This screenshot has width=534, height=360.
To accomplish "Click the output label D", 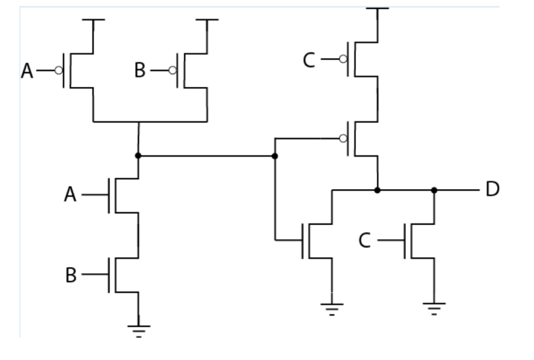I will (x=493, y=189).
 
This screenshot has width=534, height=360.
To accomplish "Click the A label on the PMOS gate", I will (x=27, y=71).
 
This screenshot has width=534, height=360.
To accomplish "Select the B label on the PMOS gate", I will (x=140, y=71).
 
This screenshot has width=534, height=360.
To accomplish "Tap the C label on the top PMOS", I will (x=309, y=60).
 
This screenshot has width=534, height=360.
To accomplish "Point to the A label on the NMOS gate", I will (x=71, y=195).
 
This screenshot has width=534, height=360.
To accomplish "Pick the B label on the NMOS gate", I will (x=71, y=275).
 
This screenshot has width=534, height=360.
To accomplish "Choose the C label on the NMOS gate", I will (x=364, y=240).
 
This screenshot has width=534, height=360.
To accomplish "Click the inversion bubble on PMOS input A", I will (x=59, y=71).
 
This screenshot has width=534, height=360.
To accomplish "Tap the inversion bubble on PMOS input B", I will (x=173, y=71).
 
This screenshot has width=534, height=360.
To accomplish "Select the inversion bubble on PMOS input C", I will (x=343, y=59).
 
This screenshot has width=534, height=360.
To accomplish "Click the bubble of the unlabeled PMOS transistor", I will (x=343, y=138).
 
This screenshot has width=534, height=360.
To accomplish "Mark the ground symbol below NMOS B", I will (x=139, y=329).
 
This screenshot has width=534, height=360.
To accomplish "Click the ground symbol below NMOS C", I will (x=434, y=307).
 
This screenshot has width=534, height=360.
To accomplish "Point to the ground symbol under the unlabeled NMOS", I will (x=332, y=308).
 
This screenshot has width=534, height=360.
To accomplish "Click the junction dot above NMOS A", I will (x=138, y=156).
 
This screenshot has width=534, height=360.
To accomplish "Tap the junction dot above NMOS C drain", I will (x=434, y=190).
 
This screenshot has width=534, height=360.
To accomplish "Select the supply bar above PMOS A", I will (x=93, y=20).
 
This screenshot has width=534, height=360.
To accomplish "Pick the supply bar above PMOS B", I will (x=207, y=20).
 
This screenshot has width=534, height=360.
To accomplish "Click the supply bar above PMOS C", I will (x=378, y=8).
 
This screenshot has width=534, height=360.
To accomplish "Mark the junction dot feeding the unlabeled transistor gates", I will (x=275, y=156).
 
